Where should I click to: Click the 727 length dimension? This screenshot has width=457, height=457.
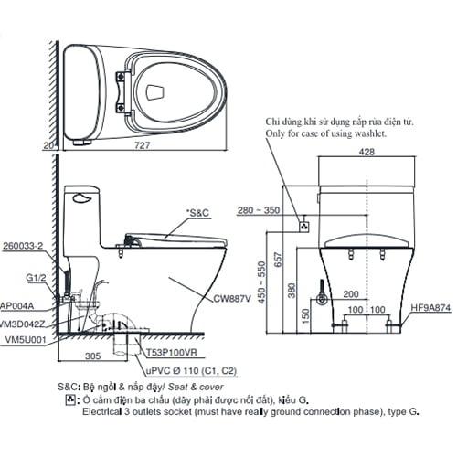click(x=143, y=145)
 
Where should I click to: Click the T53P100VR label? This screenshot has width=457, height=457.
click(x=171, y=351)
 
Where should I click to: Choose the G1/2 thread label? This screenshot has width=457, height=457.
click(x=36, y=278)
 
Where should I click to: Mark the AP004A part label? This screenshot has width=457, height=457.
click(x=18, y=307)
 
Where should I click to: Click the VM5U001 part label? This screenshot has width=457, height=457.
click(x=24, y=337)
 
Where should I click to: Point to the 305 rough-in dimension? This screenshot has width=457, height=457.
click(x=89, y=359)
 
